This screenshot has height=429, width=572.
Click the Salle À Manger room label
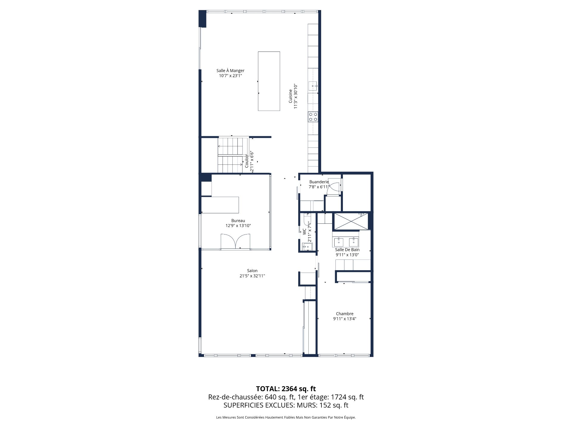[x=230, y=71]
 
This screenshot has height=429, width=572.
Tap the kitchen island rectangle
[x=269, y=81]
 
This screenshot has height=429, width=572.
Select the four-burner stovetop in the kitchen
[x=313, y=116]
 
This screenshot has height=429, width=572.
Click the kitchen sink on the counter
[x=313, y=86]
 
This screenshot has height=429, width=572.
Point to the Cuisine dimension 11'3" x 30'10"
[x=296, y=96]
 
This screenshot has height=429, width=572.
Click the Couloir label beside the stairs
[x=247, y=161]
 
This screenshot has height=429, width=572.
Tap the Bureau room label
[x=238, y=220]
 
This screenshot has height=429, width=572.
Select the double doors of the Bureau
[x=235, y=241]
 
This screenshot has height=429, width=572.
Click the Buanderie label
[x=319, y=182]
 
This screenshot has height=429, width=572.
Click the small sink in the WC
[x=307, y=247]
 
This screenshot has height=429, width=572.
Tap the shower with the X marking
[x=350, y=221]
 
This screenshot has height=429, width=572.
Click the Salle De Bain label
[x=347, y=250]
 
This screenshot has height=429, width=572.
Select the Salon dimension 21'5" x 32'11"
[x=252, y=276]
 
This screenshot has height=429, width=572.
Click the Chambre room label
[x=344, y=313]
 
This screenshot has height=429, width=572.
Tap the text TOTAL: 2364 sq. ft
[x=286, y=388]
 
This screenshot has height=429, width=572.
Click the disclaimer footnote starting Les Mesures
[x=286, y=417]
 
